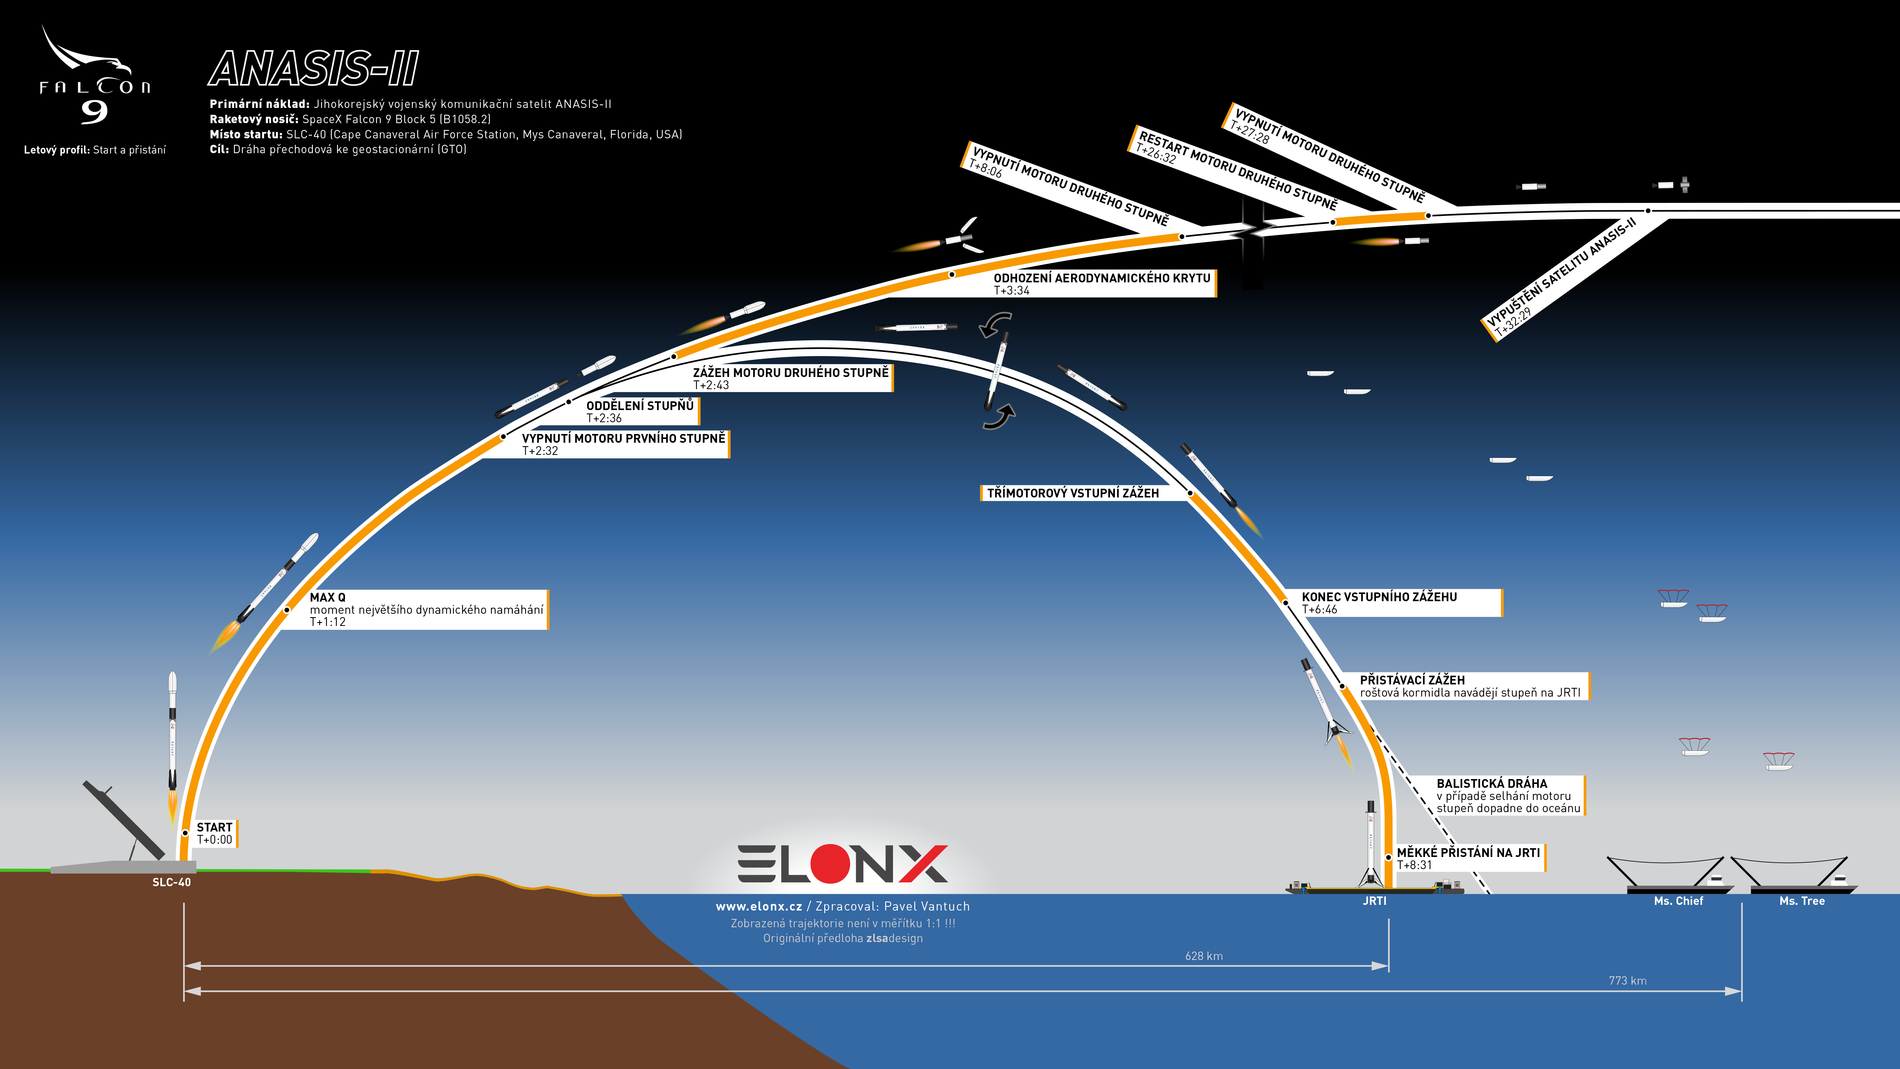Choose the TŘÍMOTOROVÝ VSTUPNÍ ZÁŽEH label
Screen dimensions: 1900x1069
coord(1072,493)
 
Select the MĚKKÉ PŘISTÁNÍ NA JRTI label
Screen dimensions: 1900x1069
coord(1469,858)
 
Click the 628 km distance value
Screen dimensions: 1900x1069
coord(1204,956)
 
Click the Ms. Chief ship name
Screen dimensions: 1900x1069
coord(1679,901)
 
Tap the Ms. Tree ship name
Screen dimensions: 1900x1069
coord(1802,901)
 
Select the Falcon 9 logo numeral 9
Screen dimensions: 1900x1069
coord(94,111)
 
